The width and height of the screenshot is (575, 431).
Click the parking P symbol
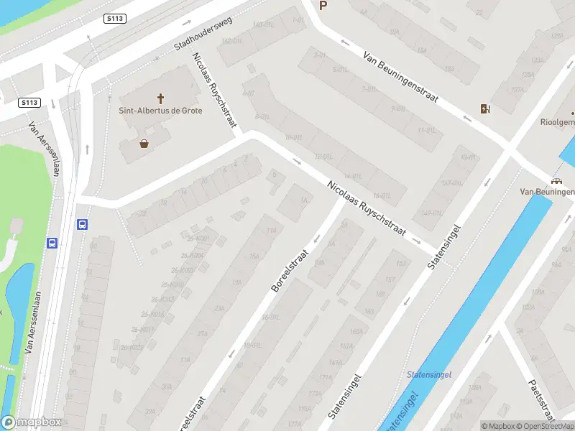click(x=323, y=6)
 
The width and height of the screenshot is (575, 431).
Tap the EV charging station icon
click(x=487, y=109)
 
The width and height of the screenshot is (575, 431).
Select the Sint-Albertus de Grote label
click(x=161, y=111)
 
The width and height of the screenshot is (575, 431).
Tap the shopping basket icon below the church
click(x=144, y=144)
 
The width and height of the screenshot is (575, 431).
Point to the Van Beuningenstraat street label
click(x=400, y=77)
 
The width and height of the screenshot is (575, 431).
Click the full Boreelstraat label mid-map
click(x=290, y=270)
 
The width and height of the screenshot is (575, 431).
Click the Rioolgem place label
click(x=558, y=122)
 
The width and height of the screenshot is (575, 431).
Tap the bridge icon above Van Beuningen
click(x=556, y=181)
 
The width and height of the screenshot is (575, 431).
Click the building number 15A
click(x=253, y=256)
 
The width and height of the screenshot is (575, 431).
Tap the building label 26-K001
click(x=199, y=238)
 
